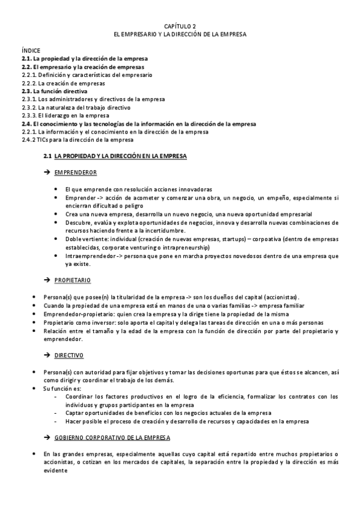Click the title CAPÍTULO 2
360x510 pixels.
click(180, 26)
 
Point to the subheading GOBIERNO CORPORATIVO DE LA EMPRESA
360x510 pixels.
click(112, 437)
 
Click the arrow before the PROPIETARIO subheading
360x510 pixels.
click(47, 280)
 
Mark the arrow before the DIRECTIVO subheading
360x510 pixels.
click(47, 355)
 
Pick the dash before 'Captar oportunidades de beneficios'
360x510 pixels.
click(56, 413)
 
